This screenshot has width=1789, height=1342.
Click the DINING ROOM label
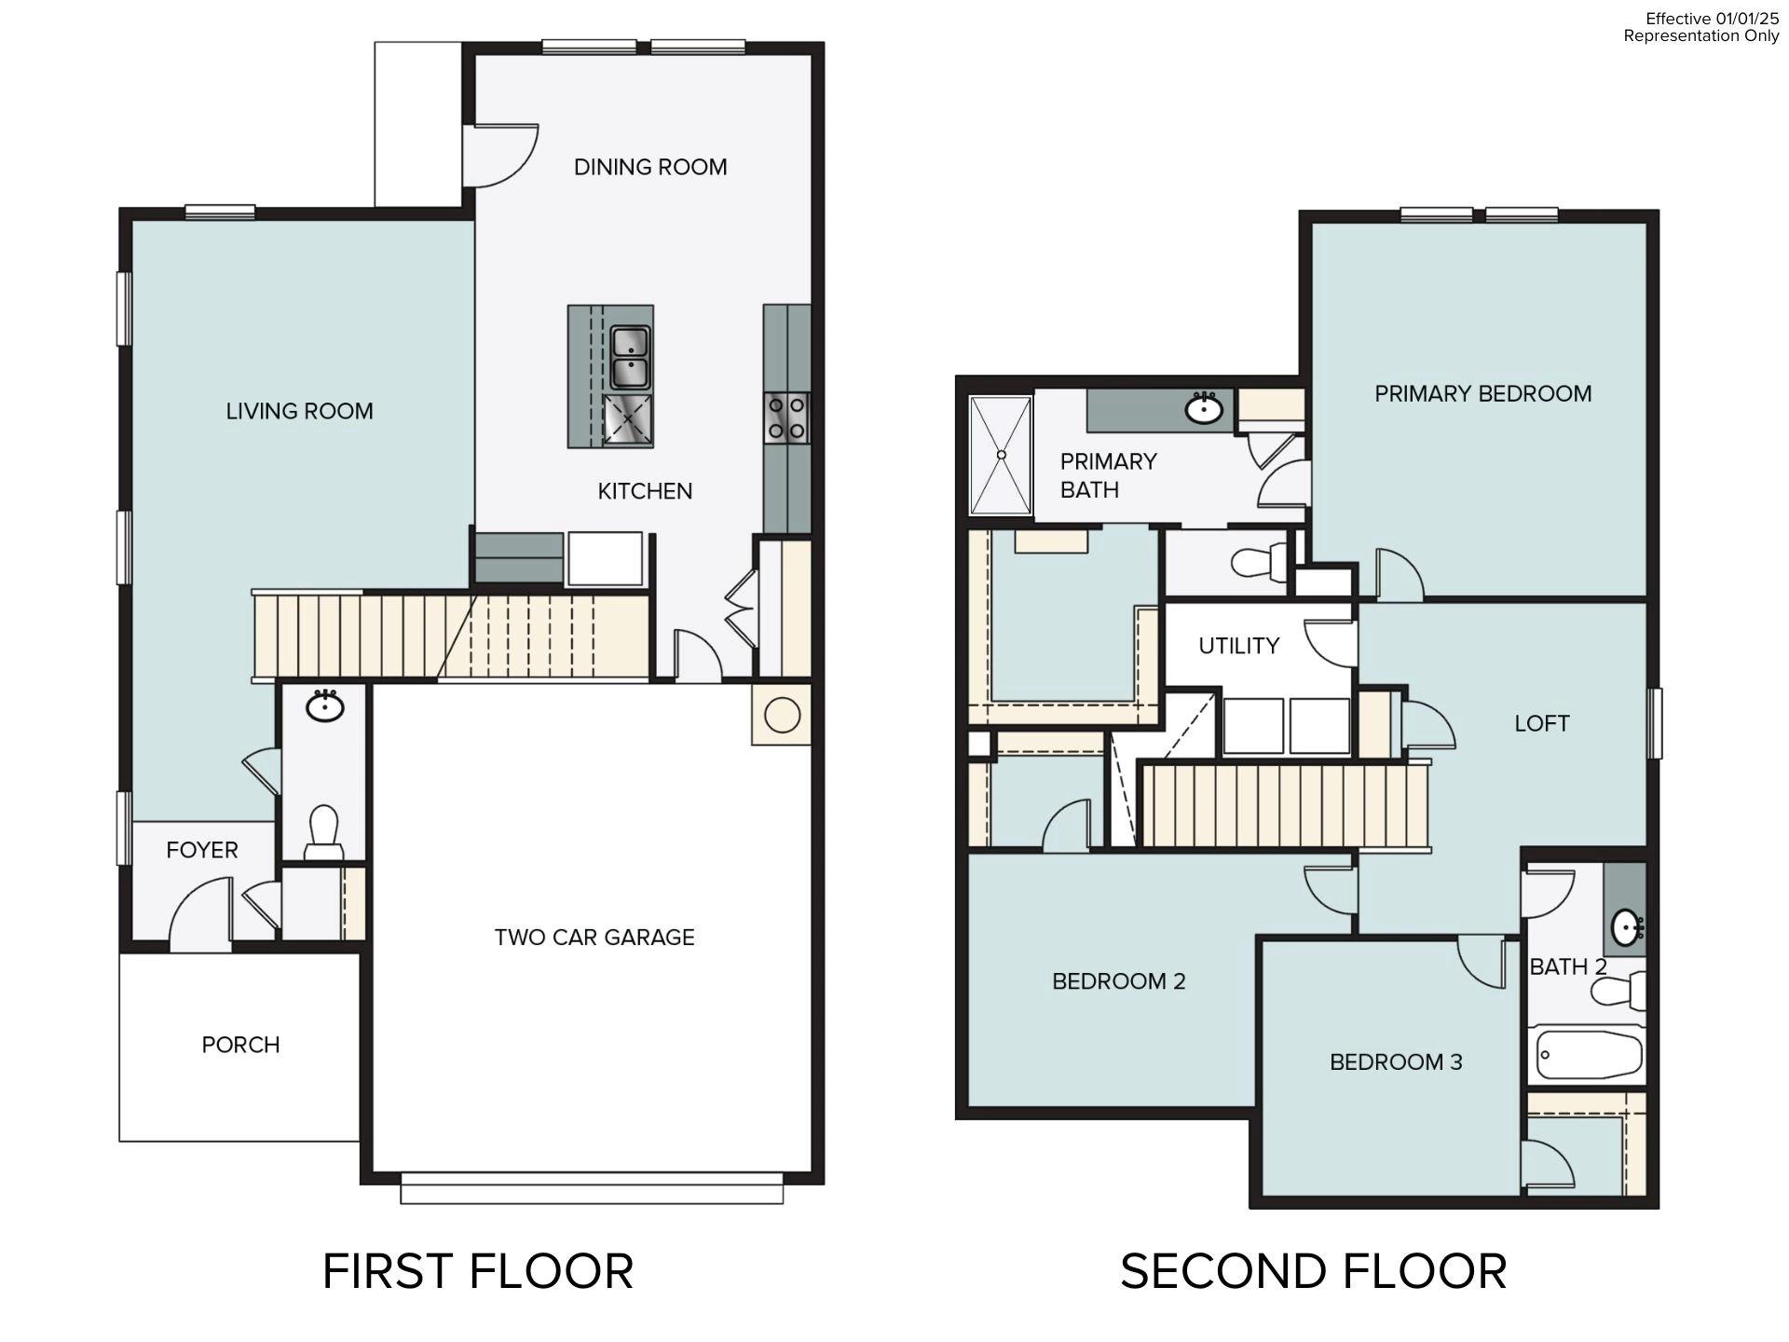pyautogui.click(x=649, y=167)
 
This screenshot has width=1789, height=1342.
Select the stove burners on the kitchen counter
pyautogui.click(x=786, y=418)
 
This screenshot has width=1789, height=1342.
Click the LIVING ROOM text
pyautogui.click(x=299, y=411)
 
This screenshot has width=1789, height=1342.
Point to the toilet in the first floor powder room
pyautogui.click(x=323, y=831)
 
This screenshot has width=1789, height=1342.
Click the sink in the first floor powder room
pyautogui.click(x=324, y=705)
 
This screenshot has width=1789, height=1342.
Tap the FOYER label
pyautogui.click(x=202, y=850)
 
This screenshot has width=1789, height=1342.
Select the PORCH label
pyautogui.click(x=240, y=1045)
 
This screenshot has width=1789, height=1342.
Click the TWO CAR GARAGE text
pyautogui.click(x=594, y=938)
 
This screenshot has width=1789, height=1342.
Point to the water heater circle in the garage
pyautogui.click(x=782, y=715)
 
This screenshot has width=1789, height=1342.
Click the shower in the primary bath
pyautogui.click(x=1001, y=455)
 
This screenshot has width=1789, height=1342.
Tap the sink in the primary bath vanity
pyautogui.click(x=1204, y=408)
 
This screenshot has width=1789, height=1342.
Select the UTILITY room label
pyautogui.click(x=1238, y=646)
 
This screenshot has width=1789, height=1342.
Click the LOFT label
pyautogui.click(x=1541, y=723)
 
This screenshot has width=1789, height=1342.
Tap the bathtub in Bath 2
pyautogui.click(x=1586, y=1054)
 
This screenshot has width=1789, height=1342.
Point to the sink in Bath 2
pyautogui.click(x=1628, y=927)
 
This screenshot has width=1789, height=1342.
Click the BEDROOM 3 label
pyautogui.click(x=1396, y=1061)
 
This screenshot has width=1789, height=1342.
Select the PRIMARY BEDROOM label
pyautogui.click(x=1482, y=393)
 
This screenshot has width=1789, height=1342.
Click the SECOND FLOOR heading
pyautogui.click(x=1313, y=1272)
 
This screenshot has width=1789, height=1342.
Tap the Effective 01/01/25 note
pyautogui.click(x=1712, y=19)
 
